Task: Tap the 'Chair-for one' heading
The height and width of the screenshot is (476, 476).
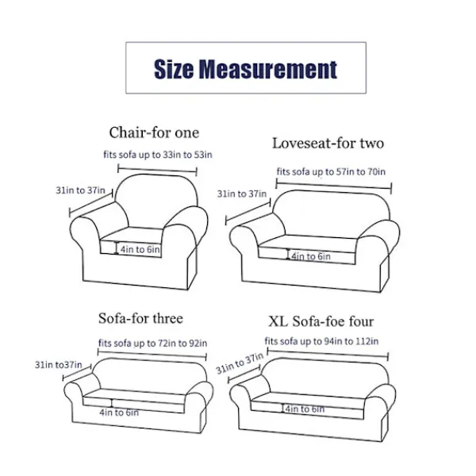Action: [154, 132]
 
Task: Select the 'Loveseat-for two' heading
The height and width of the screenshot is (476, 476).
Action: [328, 143]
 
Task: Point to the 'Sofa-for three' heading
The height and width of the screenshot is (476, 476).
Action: [140, 318]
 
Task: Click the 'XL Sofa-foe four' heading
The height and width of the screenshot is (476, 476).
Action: [321, 321]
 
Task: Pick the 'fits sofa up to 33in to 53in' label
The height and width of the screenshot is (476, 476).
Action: [158, 155]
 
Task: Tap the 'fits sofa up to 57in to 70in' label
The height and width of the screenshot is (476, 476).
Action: [331, 172]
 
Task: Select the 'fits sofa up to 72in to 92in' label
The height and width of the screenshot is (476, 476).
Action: [152, 344]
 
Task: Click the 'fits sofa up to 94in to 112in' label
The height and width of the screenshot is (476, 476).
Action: [321, 341]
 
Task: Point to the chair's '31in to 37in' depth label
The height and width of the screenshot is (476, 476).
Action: [80, 190]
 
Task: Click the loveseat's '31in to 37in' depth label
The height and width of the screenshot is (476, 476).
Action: [242, 194]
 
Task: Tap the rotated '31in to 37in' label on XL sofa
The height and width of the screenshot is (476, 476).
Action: [240, 363]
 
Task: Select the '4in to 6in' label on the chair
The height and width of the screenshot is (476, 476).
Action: [140, 250]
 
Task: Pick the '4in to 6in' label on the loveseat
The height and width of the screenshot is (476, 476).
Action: [311, 256]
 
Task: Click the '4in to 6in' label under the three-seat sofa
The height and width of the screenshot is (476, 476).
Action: [119, 413]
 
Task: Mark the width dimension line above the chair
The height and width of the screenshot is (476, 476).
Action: [157, 170]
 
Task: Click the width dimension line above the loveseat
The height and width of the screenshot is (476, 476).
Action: [334, 186]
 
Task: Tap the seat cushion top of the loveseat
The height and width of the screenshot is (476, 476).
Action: [307, 243]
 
